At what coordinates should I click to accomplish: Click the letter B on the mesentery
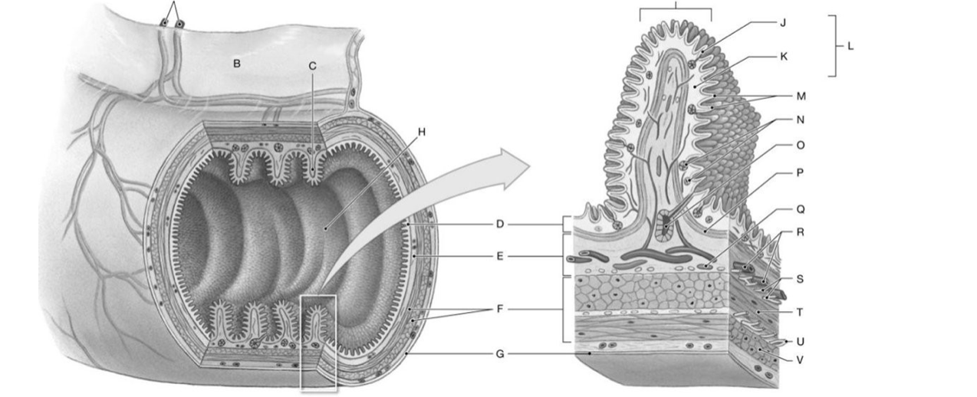(x=236, y=64)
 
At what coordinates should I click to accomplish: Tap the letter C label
(x=312, y=66)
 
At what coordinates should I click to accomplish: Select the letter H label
(x=421, y=132)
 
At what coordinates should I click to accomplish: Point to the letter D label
(x=499, y=225)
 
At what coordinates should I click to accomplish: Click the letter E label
(x=499, y=256)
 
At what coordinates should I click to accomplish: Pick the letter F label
(x=499, y=309)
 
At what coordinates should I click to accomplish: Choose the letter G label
(x=499, y=354)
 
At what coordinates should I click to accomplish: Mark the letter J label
(x=782, y=22)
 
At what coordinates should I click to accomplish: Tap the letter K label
(x=783, y=57)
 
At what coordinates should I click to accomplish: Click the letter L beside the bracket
(x=849, y=46)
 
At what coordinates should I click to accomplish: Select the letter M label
(x=801, y=96)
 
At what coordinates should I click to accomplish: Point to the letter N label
(x=800, y=120)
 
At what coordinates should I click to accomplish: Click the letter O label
(x=801, y=145)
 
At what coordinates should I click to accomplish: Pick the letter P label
(x=800, y=173)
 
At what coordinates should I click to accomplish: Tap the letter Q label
(x=800, y=208)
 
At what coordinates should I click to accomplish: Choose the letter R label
(x=801, y=231)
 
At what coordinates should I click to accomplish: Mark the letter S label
(x=800, y=279)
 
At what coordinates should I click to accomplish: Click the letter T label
(x=800, y=312)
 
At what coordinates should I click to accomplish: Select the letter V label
(x=800, y=359)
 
